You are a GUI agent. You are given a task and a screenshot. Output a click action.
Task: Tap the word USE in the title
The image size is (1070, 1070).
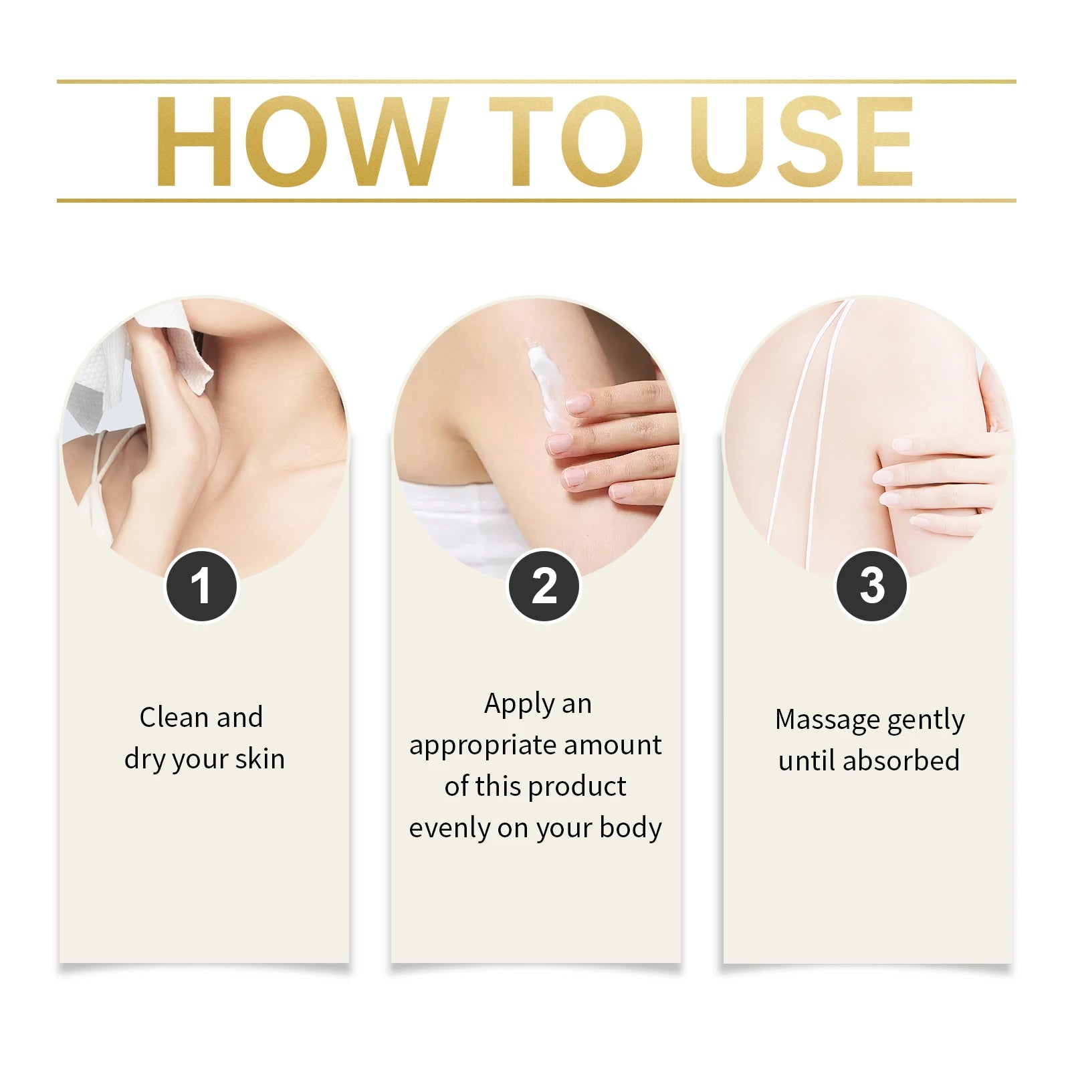[x=801, y=141]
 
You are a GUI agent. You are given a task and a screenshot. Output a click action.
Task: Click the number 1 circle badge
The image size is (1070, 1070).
[x=201, y=586]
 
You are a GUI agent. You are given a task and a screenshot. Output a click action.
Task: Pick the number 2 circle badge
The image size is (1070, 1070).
[x=544, y=586]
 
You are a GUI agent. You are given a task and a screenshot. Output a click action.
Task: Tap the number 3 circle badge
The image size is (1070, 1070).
[x=871, y=586]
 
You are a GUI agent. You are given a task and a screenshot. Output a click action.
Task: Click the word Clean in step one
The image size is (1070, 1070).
[x=175, y=718]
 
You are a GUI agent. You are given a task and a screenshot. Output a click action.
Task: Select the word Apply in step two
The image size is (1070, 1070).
[x=519, y=705]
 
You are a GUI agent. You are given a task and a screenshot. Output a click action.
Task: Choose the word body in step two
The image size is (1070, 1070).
[x=631, y=828]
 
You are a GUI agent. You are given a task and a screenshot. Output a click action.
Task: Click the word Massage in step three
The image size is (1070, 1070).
[x=827, y=720]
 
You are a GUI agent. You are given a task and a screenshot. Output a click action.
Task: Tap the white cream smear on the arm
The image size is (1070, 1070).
[x=546, y=381]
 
